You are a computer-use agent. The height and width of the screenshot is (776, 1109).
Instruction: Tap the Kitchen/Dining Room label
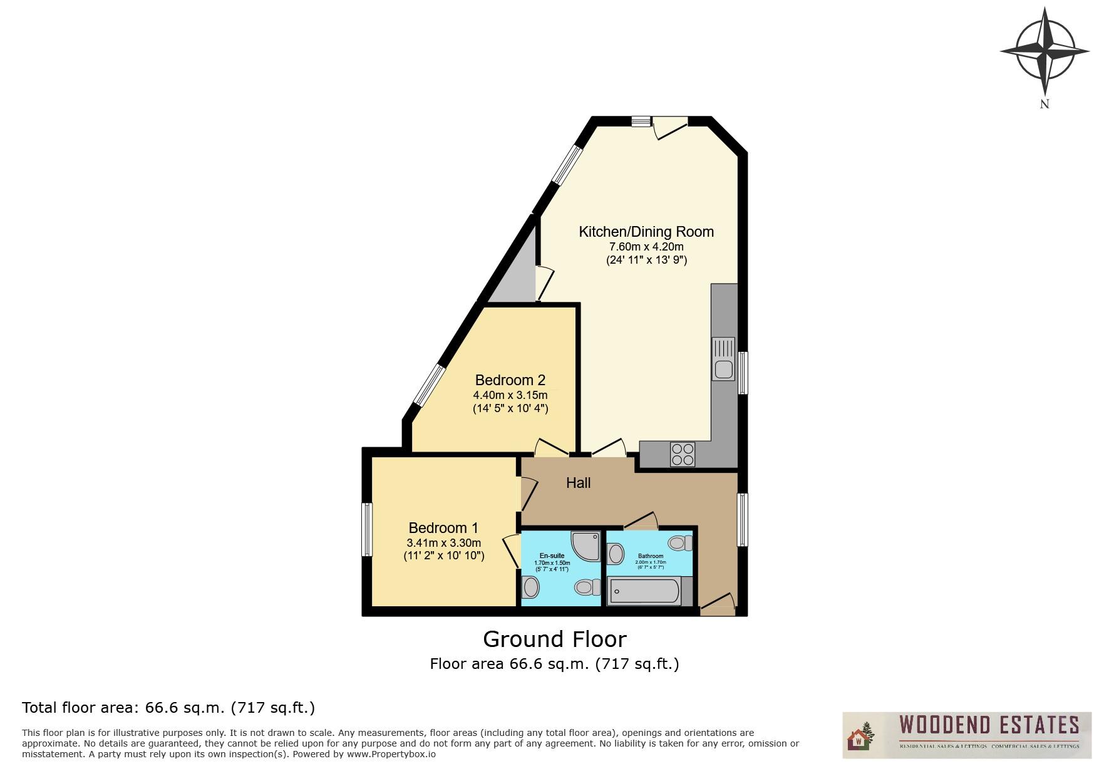coord(646,232)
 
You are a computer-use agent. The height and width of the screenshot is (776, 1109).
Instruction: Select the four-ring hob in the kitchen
coord(682,454)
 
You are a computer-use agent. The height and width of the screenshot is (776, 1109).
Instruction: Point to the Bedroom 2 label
coord(510,380)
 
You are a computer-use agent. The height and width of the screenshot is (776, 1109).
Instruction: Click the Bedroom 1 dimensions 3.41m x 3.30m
coord(443,542)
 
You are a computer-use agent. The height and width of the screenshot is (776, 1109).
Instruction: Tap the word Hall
coord(578,483)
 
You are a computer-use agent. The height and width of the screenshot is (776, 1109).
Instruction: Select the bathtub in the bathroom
coord(644,591)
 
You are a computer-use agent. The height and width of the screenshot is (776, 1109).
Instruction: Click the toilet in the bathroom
coord(680,542)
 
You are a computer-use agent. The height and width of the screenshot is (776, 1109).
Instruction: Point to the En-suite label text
coord(552,556)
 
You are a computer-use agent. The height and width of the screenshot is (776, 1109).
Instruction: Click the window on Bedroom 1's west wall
coord(368,529)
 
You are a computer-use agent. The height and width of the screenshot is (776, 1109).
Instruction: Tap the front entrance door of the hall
coord(718,606)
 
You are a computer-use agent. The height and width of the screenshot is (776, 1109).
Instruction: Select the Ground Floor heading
coord(554,639)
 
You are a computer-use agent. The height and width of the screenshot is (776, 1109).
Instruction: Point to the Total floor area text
coord(168,708)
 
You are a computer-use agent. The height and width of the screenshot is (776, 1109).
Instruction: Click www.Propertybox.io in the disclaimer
coord(391,754)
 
